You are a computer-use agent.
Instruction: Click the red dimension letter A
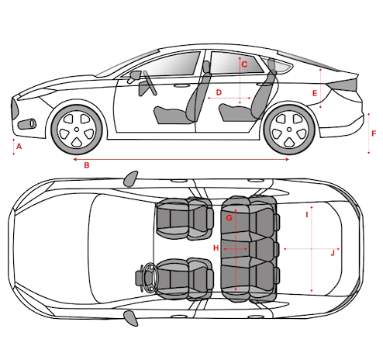point(19,147)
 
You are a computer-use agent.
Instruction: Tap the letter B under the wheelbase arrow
point(87,165)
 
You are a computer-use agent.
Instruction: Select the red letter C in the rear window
point(244,64)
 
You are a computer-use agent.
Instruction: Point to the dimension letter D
point(219,92)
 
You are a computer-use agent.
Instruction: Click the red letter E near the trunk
point(315,93)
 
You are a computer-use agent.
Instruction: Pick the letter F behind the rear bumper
point(374,133)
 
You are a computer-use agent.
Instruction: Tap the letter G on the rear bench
point(229,218)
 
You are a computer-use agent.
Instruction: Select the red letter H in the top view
point(216,248)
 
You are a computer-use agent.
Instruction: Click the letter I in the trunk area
point(307,215)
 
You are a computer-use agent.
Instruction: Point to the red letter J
point(333,253)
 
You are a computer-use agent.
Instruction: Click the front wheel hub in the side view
point(77,130)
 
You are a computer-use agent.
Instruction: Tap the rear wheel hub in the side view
point(289,130)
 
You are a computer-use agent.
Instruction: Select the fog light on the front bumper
point(27,124)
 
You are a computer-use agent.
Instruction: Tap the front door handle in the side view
point(181,85)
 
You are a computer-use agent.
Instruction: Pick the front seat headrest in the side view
point(206,67)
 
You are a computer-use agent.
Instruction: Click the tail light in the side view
point(342,85)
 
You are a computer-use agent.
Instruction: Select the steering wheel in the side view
point(150,83)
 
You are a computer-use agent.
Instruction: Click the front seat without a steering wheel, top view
point(185,219)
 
